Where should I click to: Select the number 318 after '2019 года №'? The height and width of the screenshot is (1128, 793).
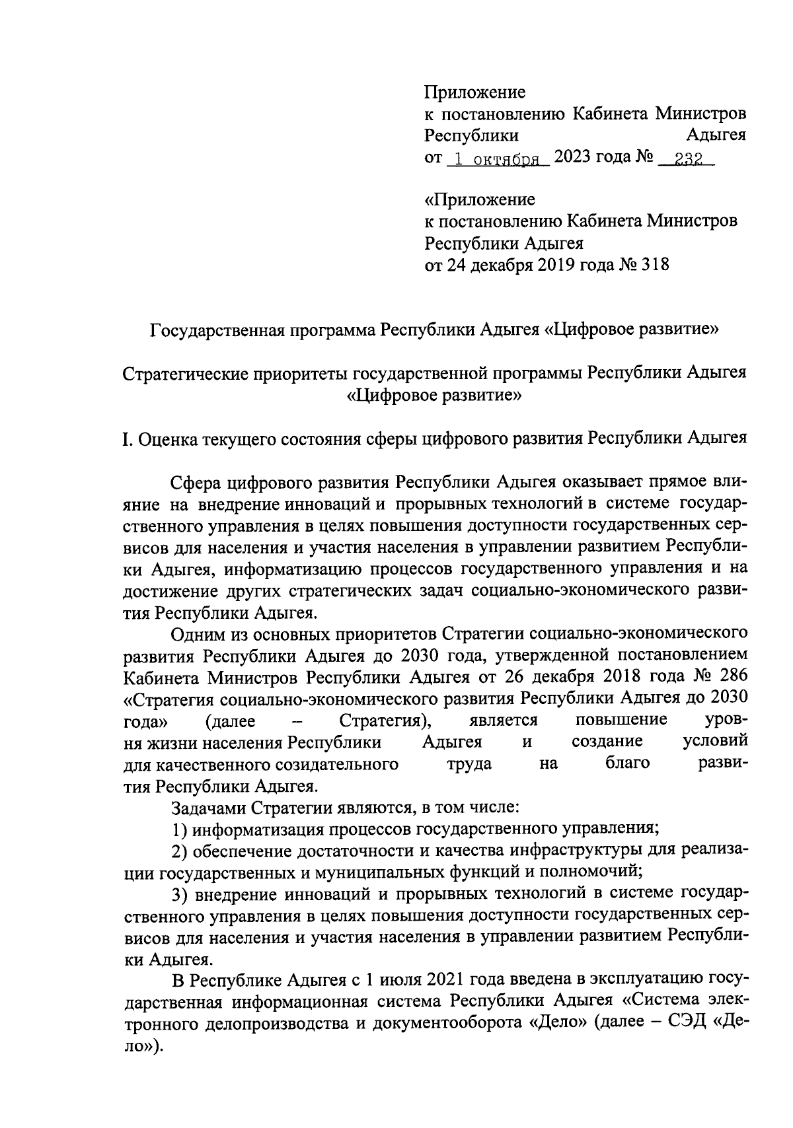tap(655, 265)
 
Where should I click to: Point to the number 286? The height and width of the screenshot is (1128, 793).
tap(732, 677)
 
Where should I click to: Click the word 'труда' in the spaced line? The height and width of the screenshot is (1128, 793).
tap(469, 763)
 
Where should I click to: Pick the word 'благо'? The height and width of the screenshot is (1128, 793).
tap(627, 763)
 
